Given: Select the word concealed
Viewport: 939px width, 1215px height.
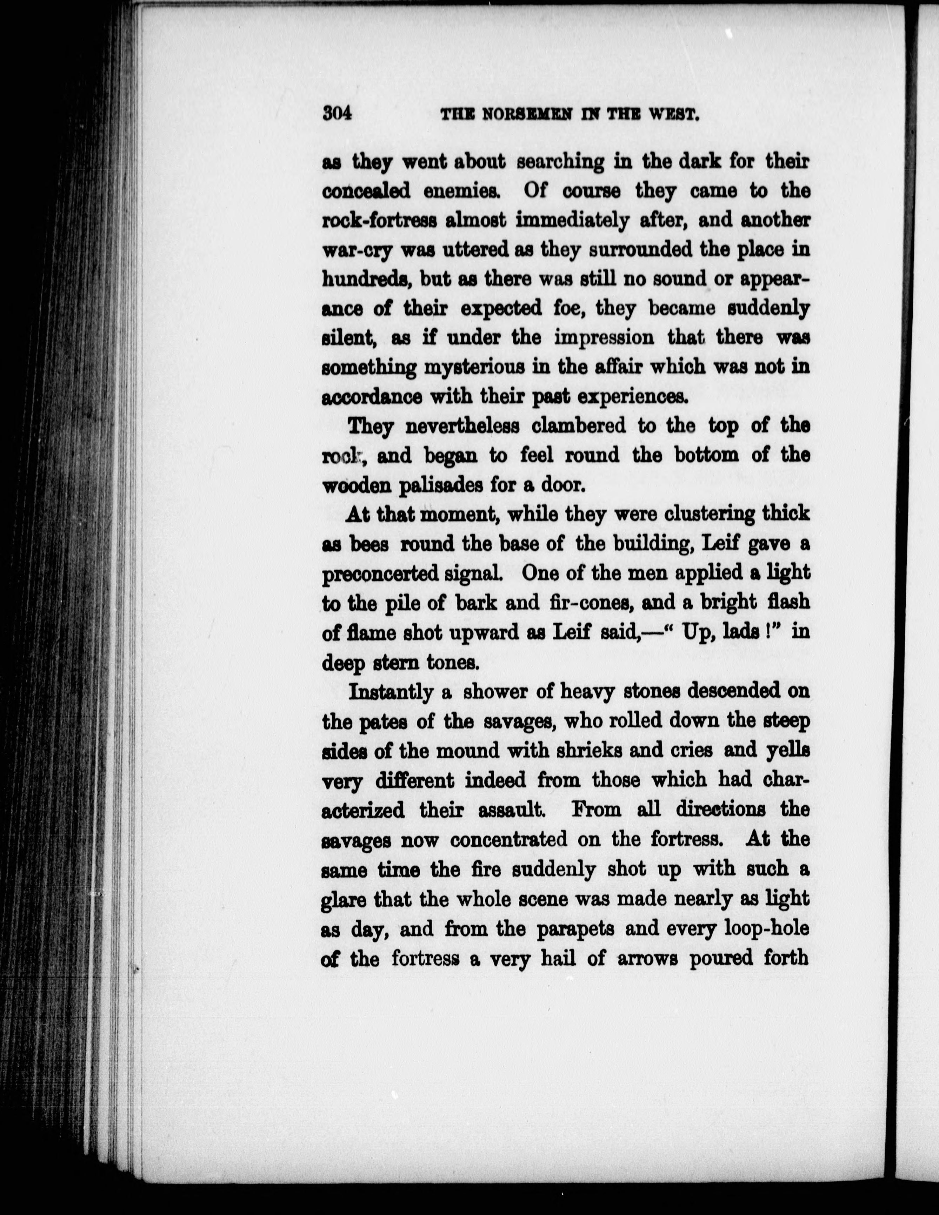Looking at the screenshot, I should (x=367, y=192).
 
